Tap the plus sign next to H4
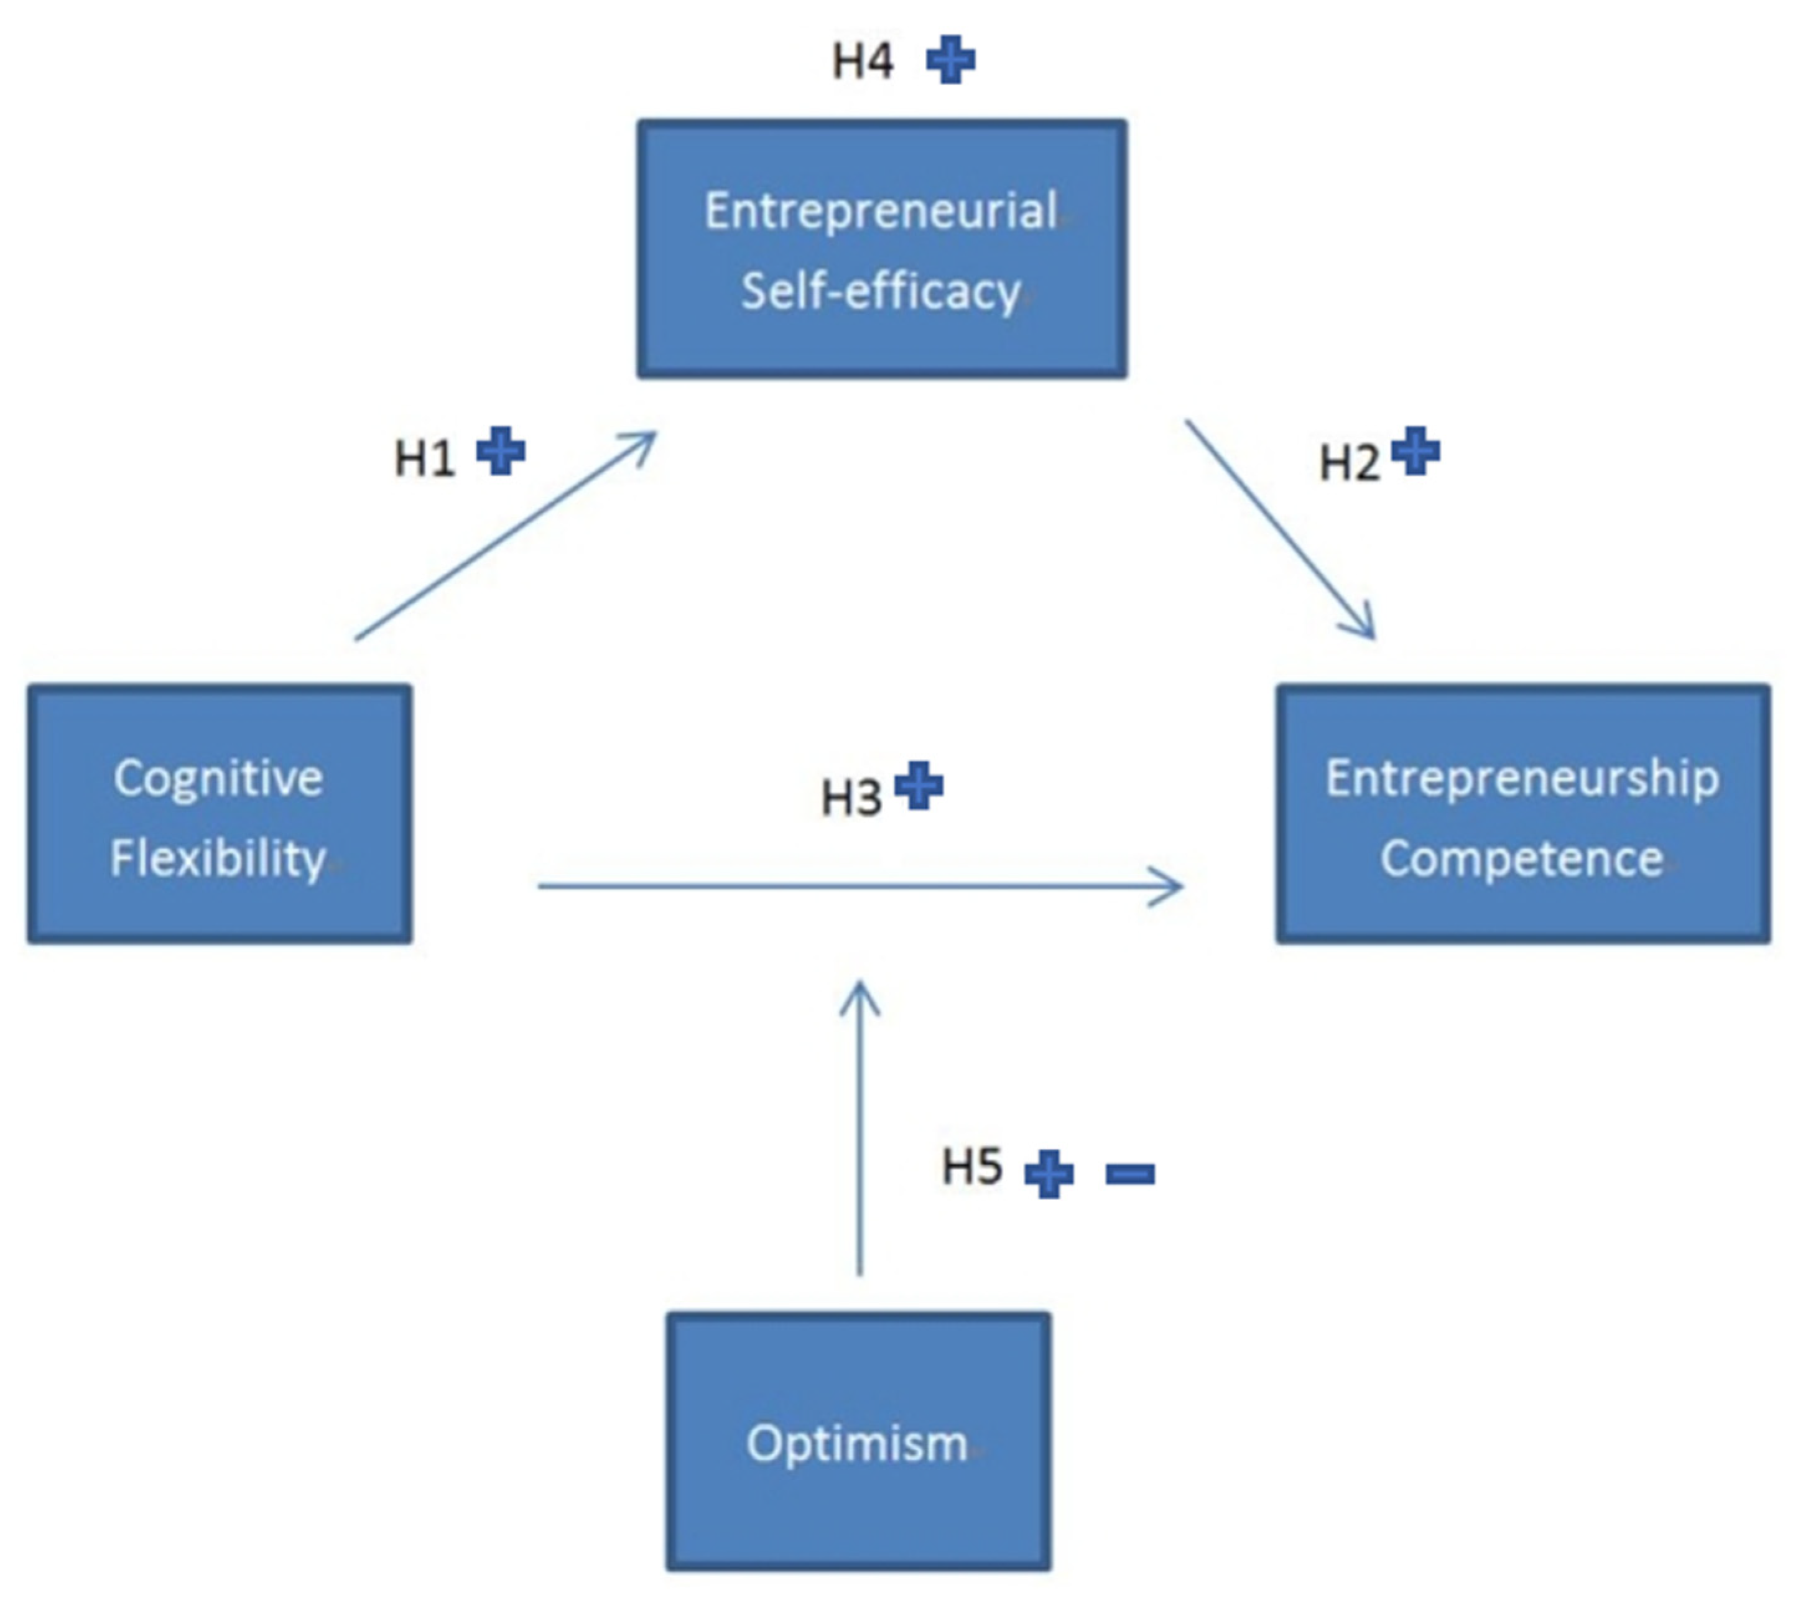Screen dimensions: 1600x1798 (x=951, y=60)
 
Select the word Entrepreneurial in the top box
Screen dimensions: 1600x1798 (x=881, y=212)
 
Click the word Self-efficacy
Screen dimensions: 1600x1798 (x=881, y=291)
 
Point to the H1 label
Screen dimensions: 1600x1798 (x=424, y=458)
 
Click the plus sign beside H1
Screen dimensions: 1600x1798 (x=501, y=452)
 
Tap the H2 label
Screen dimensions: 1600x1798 (x=1350, y=463)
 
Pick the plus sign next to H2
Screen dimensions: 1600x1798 (x=1416, y=452)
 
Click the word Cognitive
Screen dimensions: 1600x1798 (x=218, y=778)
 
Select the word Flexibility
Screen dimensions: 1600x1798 (x=218, y=858)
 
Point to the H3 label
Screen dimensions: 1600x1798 (x=851, y=798)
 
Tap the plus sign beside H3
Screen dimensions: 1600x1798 (x=919, y=786)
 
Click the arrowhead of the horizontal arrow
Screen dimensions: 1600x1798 (x=1174, y=886)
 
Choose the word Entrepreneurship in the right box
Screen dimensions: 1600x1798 (x=1522, y=778)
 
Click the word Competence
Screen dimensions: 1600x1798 (x=1522, y=858)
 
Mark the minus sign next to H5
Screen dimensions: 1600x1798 (x=1130, y=1173)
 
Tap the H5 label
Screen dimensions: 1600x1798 (x=972, y=1166)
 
